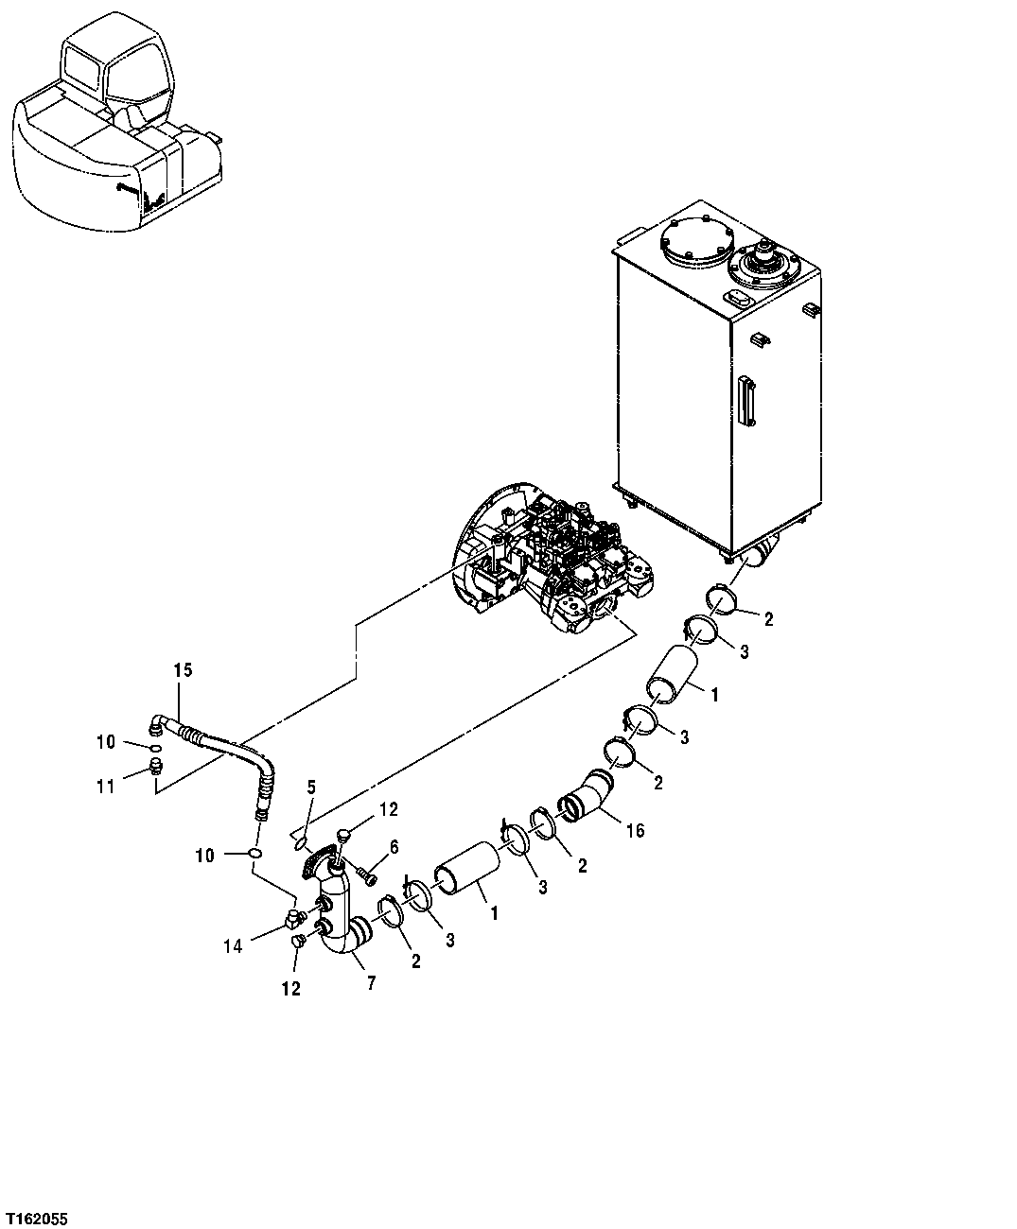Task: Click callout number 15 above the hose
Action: (x=183, y=670)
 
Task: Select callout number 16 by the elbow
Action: (x=635, y=830)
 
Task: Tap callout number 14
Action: (x=233, y=944)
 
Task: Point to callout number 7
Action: (x=370, y=983)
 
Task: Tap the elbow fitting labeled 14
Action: (x=295, y=916)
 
